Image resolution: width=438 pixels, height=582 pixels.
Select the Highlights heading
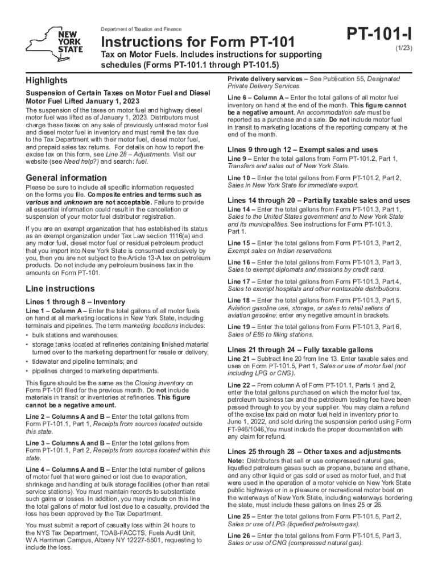pyautogui.click(x=46, y=80)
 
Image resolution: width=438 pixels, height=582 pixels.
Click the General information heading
pyautogui.click(x=66, y=178)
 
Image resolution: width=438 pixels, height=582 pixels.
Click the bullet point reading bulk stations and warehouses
pyautogui.click(x=71, y=335)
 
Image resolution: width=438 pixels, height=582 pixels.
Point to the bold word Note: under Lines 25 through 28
pyautogui.click(x=235, y=460)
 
